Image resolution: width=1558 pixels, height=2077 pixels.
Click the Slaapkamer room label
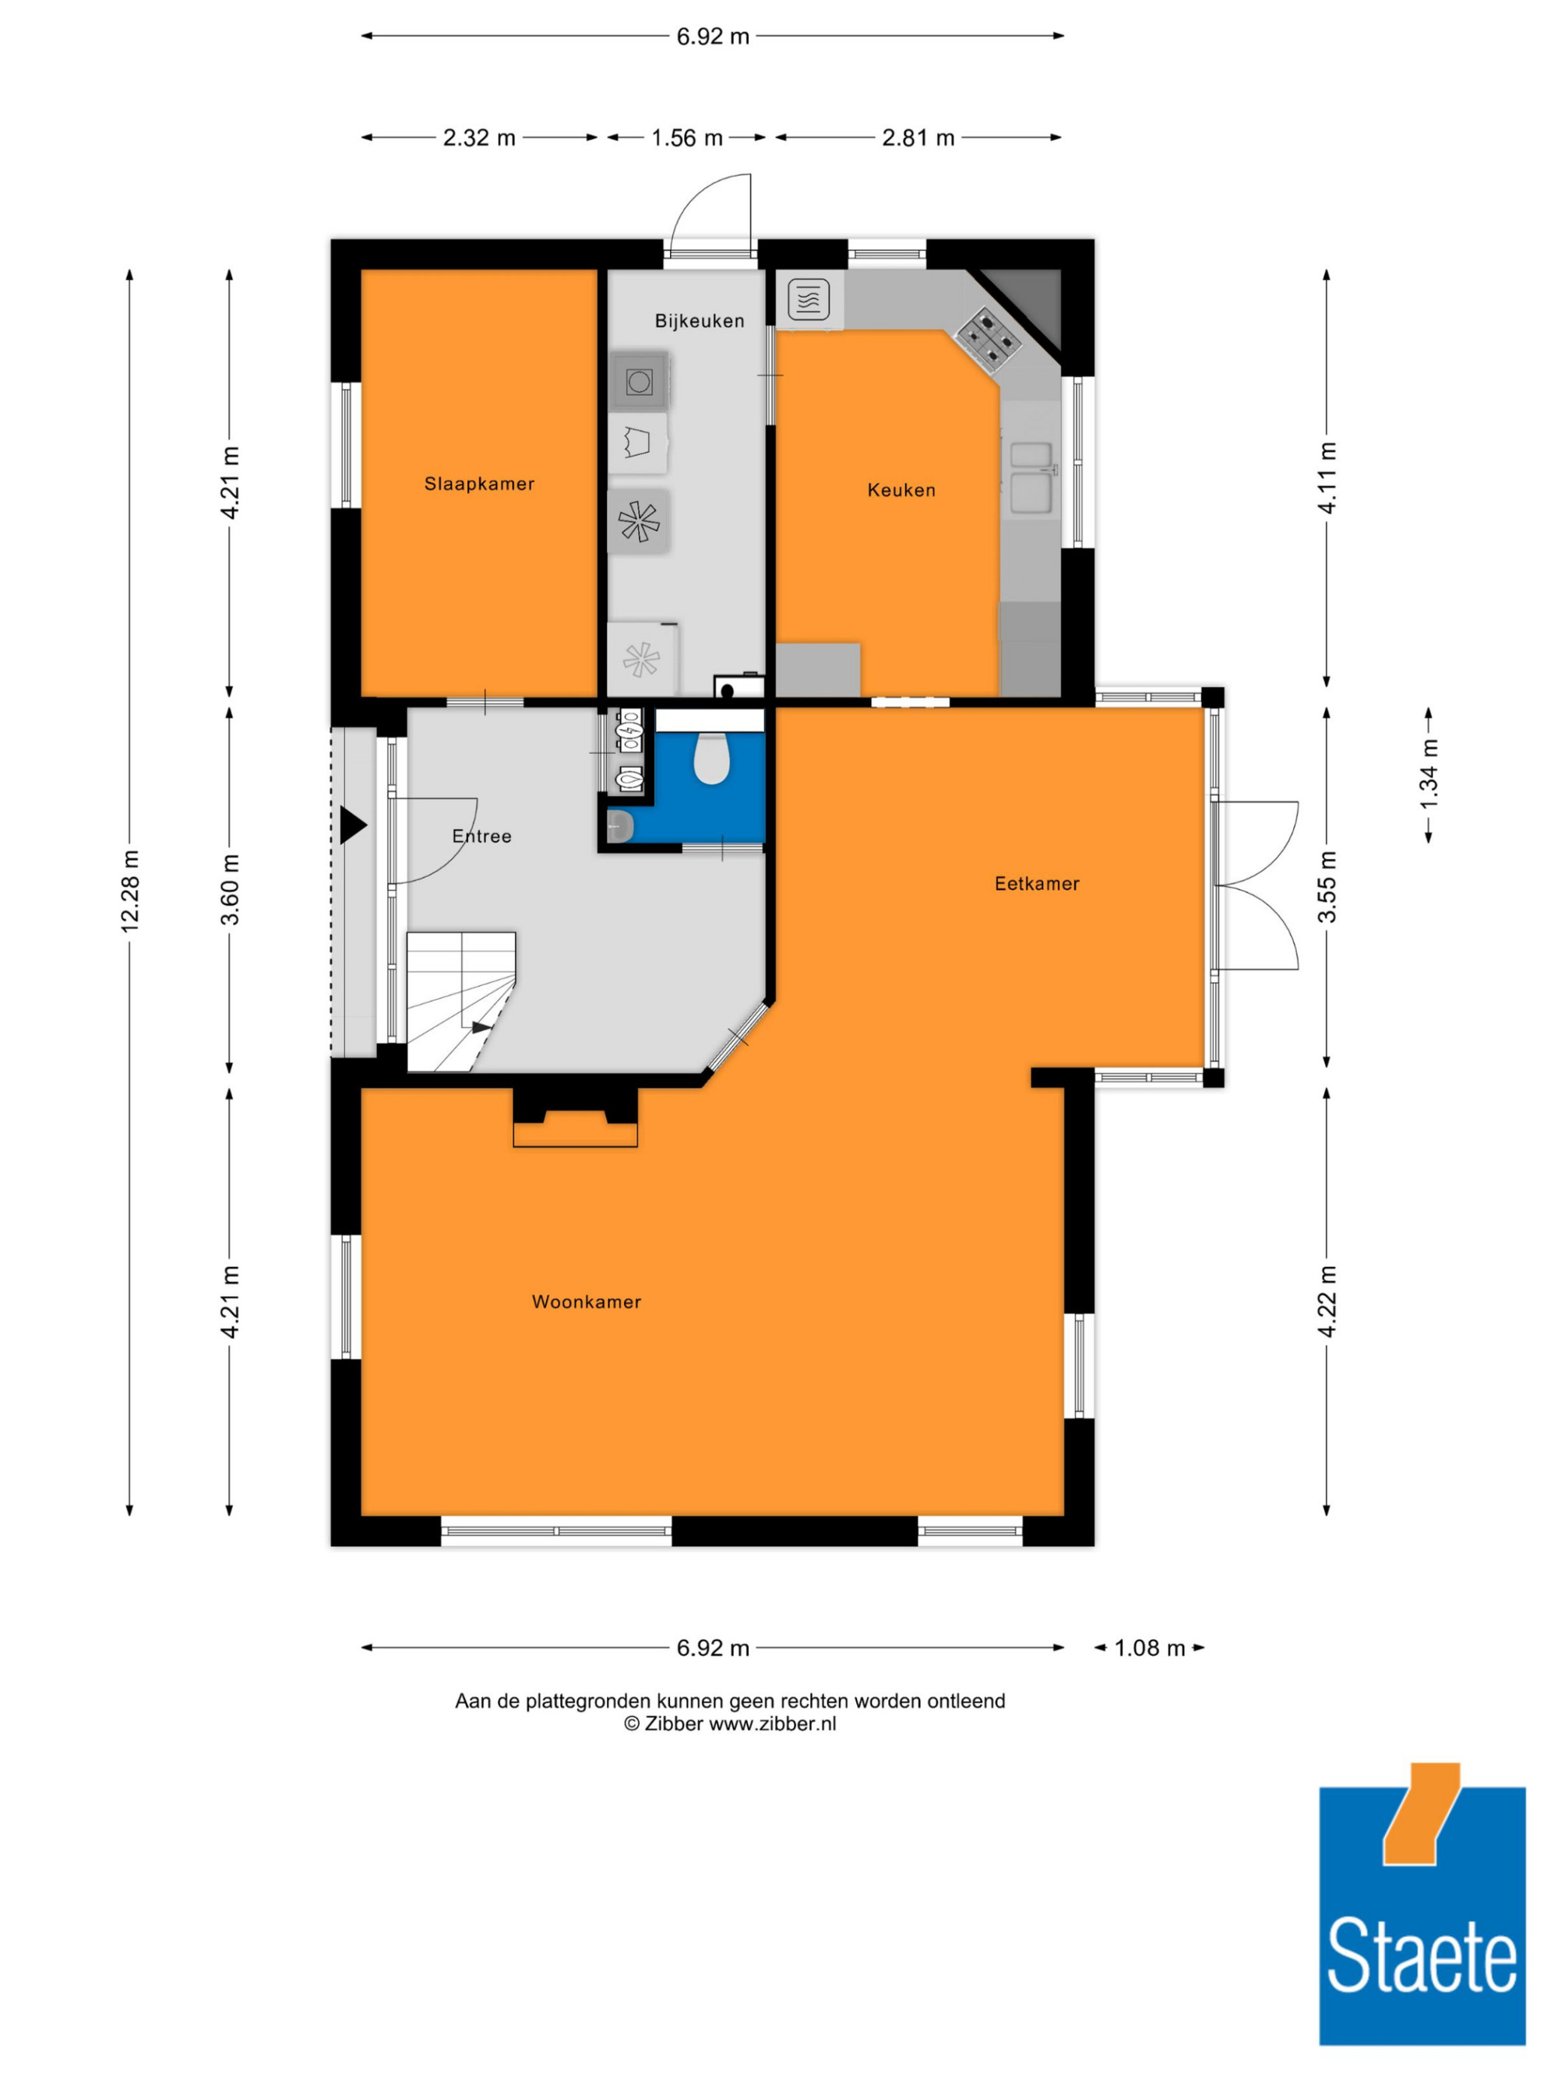pos(479,484)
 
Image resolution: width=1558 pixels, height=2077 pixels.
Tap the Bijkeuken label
pos(700,321)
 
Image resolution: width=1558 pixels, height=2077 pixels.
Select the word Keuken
pos(901,490)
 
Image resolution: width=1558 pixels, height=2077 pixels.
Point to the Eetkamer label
pos(1037,884)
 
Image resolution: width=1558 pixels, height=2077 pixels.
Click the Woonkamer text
pos(586,1301)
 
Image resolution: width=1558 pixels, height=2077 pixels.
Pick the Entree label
pos(481,836)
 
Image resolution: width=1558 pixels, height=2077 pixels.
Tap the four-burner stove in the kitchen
pos(988,336)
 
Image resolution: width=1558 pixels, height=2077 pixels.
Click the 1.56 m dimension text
pos(687,138)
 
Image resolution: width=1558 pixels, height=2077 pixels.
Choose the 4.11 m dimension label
pos(1327,478)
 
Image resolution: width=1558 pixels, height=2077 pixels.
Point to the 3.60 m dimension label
pos(230,889)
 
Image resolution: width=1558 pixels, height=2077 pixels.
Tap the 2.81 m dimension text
pos(918,138)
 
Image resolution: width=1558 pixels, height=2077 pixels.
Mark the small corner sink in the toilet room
pos(620,826)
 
